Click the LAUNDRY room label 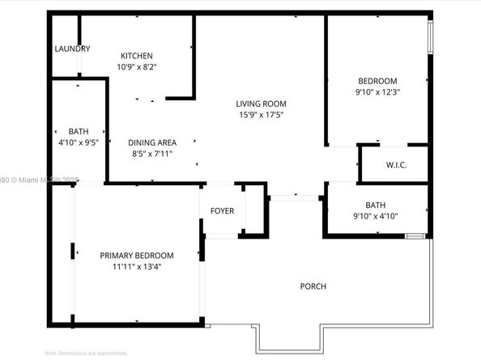click(72, 49)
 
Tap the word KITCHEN click(137, 56)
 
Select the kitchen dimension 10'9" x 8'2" click(137, 67)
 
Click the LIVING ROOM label click(261, 104)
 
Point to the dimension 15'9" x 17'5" click(261, 115)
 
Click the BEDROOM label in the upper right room click(377, 81)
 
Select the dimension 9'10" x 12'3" click(377, 91)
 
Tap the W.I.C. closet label click(396, 166)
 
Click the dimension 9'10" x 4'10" click(377, 216)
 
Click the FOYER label click(222, 211)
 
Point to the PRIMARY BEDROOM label click(137, 256)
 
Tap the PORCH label click(313, 286)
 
